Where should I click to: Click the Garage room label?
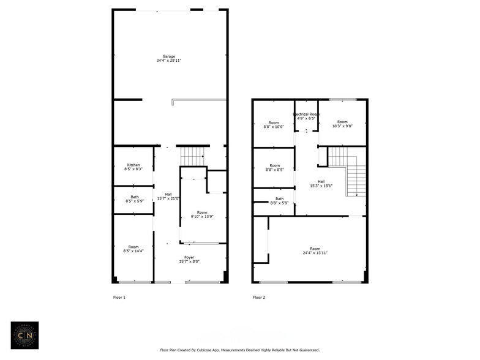point(168,56)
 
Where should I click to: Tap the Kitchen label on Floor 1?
point(133,165)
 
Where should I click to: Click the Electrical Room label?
point(306,114)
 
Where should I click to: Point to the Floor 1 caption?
point(119,298)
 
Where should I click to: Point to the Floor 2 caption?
point(259,298)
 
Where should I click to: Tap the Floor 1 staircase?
point(192,156)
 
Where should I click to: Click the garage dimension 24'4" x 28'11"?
point(168,61)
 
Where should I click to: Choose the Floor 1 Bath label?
point(133,197)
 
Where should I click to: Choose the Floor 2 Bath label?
point(279,198)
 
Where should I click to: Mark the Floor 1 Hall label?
point(168,194)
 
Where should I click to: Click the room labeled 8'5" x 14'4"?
point(133,249)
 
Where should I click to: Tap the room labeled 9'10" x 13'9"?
point(202,214)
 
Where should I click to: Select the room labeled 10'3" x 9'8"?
point(342,124)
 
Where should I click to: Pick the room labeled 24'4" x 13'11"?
point(315,250)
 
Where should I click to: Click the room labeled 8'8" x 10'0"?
point(274,124)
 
